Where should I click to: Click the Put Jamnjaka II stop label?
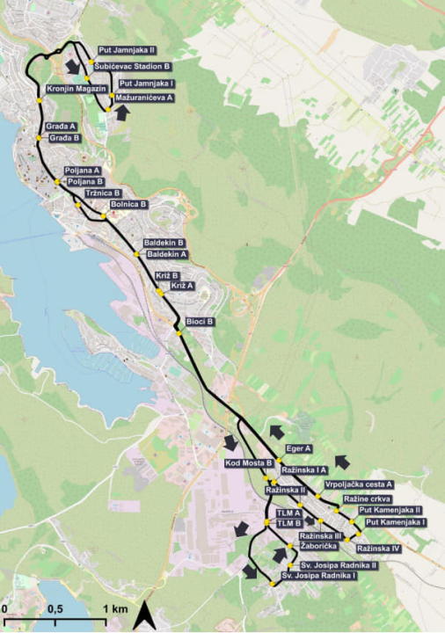click(x=127, y=51)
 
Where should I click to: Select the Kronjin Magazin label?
click(x=76, y=89)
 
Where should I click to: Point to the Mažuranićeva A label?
click(x=144, y=98)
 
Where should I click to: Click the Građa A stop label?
click(x=61, y=127)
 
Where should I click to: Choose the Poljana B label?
click(x=85, y=181)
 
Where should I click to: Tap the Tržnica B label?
click(x=102, y=193)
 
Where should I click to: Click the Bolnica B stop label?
click(x=129, y=204)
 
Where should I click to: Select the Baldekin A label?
click(x=167, y=253)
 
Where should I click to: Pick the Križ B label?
click(x=167, y=275)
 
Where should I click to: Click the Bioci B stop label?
click(x=200, y=322)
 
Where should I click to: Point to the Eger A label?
click(x=300, y=448)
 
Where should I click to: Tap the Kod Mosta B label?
click(x=249, y=462)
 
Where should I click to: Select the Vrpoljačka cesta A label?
click(x=358, y=484)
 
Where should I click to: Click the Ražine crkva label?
click(x=369, y=498)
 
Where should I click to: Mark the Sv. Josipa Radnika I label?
click(x=317, y=576)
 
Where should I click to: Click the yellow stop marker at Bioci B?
click(x=179, y=333)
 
